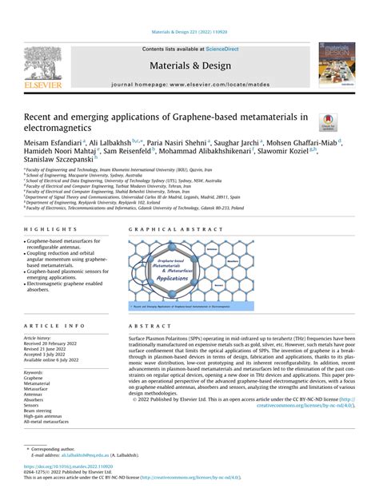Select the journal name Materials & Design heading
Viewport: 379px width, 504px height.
point(189,65)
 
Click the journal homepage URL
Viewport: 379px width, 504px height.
point(212,83)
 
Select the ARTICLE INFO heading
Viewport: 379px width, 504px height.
point(54,327)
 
